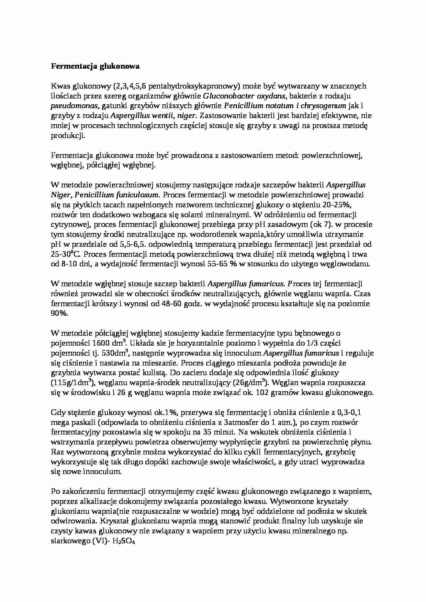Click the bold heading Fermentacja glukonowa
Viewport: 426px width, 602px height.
coord(95,67)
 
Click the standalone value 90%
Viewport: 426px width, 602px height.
coord(59,314)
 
